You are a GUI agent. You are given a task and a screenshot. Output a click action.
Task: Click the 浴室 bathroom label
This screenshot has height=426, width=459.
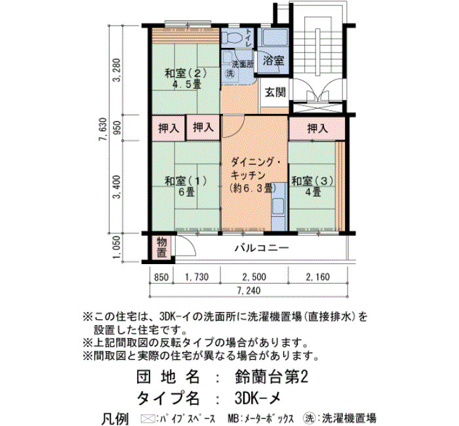click(273, 60)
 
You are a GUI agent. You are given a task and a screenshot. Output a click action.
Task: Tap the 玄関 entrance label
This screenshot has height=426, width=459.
click(275, 92)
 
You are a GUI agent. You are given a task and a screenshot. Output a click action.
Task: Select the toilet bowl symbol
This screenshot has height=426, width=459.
click(232, 37)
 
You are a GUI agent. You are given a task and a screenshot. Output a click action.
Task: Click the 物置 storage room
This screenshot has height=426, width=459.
click(161, 247)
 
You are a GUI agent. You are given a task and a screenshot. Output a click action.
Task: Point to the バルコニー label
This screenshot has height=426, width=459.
click(262, 248)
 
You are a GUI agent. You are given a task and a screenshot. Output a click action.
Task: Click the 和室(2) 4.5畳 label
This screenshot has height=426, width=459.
click(186, 79)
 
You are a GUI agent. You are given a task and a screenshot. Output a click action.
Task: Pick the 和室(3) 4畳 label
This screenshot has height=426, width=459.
click(313, 186)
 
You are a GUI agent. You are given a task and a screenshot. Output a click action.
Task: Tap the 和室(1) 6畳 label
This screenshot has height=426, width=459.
click(186, 186)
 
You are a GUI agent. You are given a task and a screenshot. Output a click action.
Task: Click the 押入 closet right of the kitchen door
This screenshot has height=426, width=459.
click(317, 128)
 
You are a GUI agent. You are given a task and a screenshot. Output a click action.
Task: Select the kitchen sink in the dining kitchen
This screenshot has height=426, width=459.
click(278, 207)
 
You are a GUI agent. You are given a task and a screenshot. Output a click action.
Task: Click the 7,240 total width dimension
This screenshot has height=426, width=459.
click(249, 290)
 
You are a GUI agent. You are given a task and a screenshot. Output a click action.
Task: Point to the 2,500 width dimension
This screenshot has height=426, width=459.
click(254, 277)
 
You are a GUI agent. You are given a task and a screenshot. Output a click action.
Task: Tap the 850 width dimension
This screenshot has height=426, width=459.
click(161, 277)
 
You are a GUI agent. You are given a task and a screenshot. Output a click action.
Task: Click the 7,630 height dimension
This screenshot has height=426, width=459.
click(103, 129)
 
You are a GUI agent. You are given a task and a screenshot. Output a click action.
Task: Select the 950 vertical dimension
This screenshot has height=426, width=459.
click(117, 128)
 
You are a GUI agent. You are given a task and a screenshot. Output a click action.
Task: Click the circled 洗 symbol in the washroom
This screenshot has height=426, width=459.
click(230, 73)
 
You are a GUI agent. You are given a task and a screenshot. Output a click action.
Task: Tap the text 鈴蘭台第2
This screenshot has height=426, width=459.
click(271, 377)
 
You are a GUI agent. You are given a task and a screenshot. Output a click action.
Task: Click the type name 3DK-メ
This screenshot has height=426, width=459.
click(258, 397)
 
